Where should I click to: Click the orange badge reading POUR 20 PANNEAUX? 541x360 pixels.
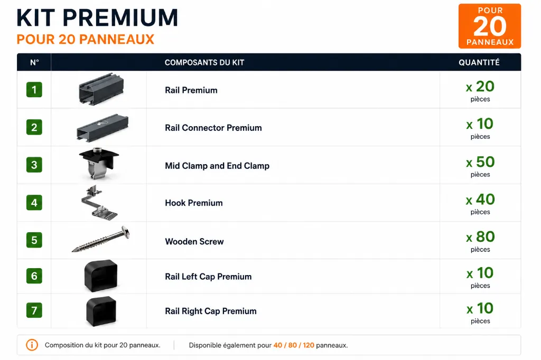pos(489,26)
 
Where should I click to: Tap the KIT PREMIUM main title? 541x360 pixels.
pos(97,18)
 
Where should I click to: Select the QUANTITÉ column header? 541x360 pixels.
pos(479,62)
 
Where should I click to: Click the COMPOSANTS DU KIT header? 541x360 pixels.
pos(204,62)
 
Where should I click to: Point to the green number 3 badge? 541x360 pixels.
pos(34,165)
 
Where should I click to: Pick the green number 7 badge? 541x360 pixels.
pos(34,310)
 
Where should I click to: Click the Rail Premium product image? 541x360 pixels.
pos(101,89)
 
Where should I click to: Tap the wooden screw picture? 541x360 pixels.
pos(101,239)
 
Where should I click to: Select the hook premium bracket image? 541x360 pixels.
pos(99,202)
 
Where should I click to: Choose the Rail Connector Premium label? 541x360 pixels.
pos(213,128)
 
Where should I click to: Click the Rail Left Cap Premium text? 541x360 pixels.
pos(208,277)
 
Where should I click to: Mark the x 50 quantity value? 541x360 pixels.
pos(480,162)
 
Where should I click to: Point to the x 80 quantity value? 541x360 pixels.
pos(480,237)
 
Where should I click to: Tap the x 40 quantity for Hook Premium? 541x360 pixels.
pos(480,200)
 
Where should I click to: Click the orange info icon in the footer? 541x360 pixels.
pos(32,345)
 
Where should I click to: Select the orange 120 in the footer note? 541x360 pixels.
pos(309,345)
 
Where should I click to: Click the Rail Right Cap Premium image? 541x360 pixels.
pos(101,311)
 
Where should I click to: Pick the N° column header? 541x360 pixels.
pos(34,62)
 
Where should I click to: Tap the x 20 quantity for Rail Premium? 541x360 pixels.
pos(480,87)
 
